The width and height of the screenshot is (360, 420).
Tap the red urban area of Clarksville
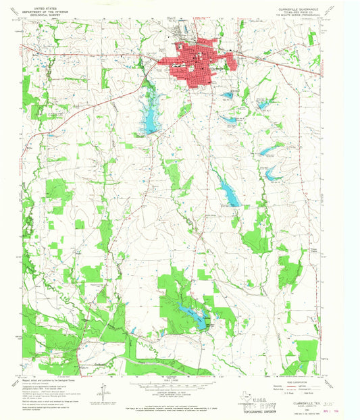(x=203, y=61)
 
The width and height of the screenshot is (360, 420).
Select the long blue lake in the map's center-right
(x=228, y=194)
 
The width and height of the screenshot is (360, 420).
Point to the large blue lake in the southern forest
(x=190, y=315)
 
